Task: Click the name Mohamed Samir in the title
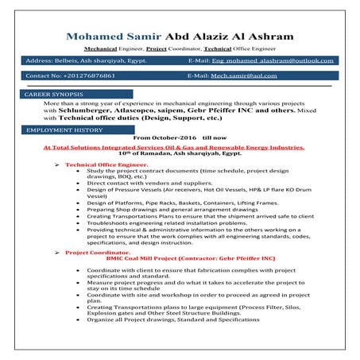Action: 114,37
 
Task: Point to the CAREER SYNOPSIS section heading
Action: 55,94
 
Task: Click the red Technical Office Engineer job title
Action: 106,164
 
